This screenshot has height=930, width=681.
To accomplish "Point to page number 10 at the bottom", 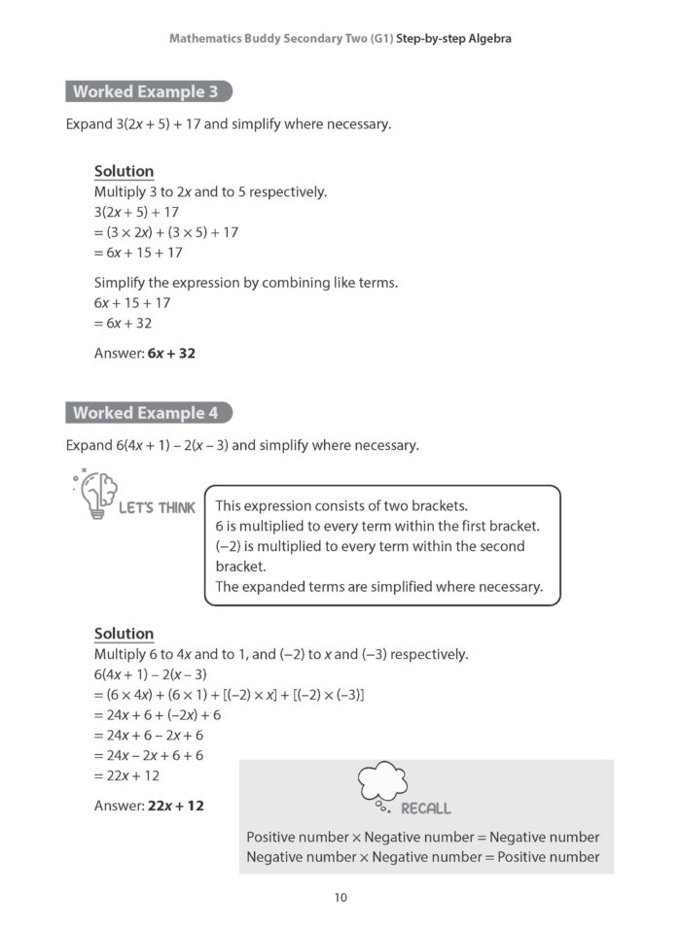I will click(x=340, y=897).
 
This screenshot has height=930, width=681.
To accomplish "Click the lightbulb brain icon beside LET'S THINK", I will click(x=95, y=494).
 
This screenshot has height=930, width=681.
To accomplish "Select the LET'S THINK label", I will click(x=157, y=507).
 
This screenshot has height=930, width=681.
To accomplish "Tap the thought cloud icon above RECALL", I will click(x=383, y=784).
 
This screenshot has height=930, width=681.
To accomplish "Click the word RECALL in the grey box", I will click(x=426, y=809).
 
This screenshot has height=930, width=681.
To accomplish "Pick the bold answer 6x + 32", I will click(x=171, y=354).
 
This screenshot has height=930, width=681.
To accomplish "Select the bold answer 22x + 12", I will click(x=175, y=806).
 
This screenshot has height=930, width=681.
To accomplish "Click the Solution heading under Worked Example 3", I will click(x=124, y=171).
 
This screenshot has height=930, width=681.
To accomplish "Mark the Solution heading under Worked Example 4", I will click(x=124, y=634).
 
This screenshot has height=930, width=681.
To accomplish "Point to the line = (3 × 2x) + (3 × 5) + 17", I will click(x=166, y=232).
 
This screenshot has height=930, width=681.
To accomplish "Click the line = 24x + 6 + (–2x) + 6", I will click(x=158, y=714).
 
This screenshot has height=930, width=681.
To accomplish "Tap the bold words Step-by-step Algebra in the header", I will click(x=454, y=39).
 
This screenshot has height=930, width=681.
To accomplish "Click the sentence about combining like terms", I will click(x=246, y=283).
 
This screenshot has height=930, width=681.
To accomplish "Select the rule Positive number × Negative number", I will click(x=423, y=837).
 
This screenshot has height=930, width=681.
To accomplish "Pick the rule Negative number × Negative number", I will click(x=423, y=857).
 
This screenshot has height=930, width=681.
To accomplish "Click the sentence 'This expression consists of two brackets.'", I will click(x=341, y=505).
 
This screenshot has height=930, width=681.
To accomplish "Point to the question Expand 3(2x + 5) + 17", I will click(x=229, y=125).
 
